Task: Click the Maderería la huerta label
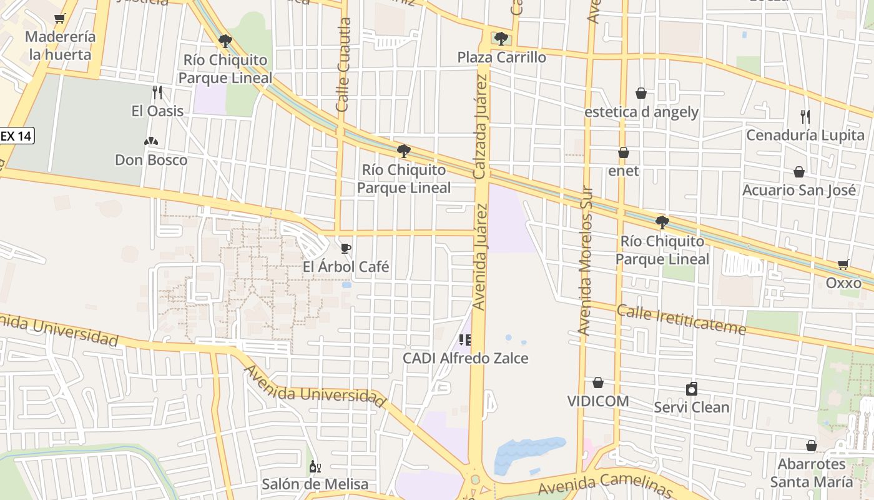pyautogui.click(x=61, y=46)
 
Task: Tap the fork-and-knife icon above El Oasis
pyautogui.click(x=157, y=93)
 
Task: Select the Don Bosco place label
pyautogui.click(x=151, y=160)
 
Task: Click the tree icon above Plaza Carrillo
pyautogui.click(x=501, y=39)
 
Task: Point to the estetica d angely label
pyautogui.click(x=641, y=112)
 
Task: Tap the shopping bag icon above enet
pyautogui.click(x=623, y=152)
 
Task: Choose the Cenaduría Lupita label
pyautogui.click(x=805, y=135)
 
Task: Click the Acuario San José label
pyautogui.click(x=799, y=190)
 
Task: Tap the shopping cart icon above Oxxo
pyautogui.click(x=843, y=265)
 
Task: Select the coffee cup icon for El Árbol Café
pyautogui.click(x=346, y=249)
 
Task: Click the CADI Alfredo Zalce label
pyautogui.click(x=466, y=358)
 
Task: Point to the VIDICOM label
pyautogui.click(x=598, y=401)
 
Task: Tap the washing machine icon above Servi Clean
pyautogui.click(x=692, y=389)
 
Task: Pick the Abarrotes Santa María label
pyautogui.click(x=811, y=472)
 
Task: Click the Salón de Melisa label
pyautogui.click(x=315, y=484)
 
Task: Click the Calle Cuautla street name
pyautogui.click(x=343, y=65)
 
